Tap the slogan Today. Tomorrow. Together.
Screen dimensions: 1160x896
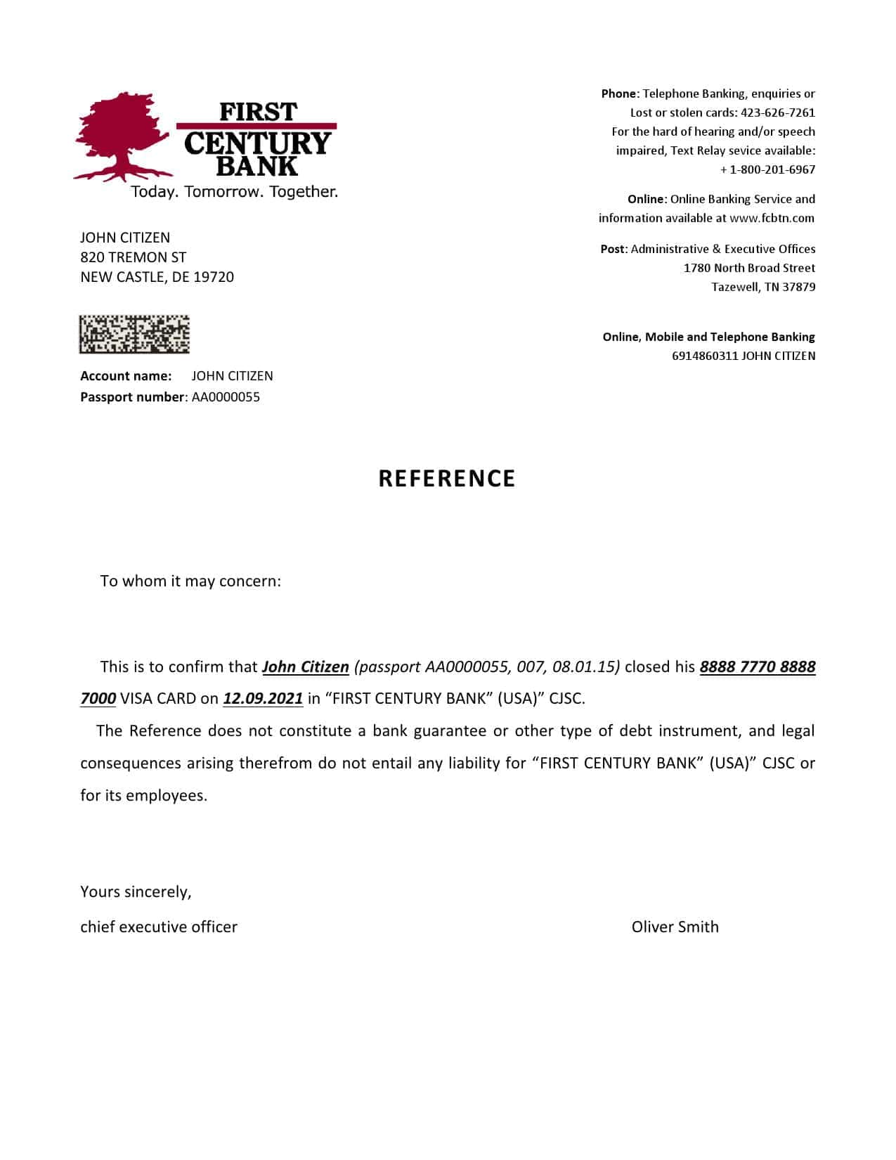coord(234,192)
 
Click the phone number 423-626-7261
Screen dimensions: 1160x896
coord(778,112)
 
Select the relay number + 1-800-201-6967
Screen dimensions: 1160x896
coord(768,169)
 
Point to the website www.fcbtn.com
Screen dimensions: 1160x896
coord(772,218)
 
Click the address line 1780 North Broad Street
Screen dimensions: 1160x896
coord(749,268)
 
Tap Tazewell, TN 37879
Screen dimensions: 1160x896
coord(763,287)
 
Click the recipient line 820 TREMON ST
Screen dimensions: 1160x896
coord(133,257)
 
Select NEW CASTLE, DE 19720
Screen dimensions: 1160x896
coord(157,277)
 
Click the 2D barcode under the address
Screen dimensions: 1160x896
coord(134,334)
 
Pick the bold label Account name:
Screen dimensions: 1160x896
coord(126,376)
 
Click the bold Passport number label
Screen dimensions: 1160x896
coord(133,397)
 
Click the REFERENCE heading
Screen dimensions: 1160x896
coord(447,479)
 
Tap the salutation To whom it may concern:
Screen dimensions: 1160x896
coord(190,581)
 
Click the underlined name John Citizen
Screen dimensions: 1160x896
coord(305,666)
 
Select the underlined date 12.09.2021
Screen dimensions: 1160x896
coord(263,698)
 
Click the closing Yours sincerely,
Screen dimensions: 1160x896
coord(136,892)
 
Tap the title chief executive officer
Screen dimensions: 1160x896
coord(159,927)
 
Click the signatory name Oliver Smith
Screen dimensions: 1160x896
coord(675,927)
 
